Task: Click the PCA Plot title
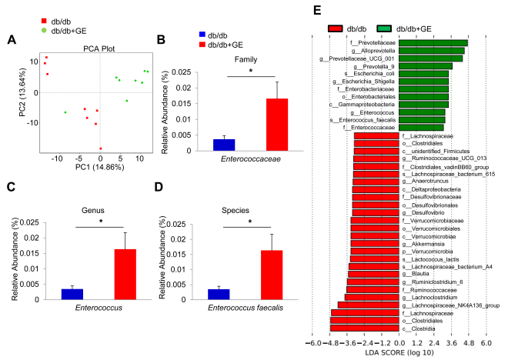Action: click(x=101, y=48)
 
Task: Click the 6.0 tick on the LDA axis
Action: click(x=486, y=342)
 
